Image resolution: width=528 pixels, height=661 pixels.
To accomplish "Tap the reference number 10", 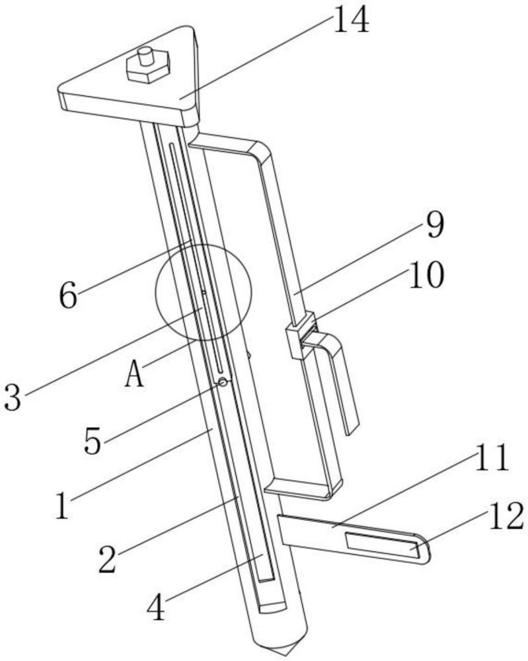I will pyautogui.click(x=426, y=276).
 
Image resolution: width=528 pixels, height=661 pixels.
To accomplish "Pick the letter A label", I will pyautogui.click(x=135, y=377).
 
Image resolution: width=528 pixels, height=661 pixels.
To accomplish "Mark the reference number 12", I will pyautogui.click(x=506, y=516).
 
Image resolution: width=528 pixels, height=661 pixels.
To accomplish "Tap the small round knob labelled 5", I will pyautogui.click(x=224, y=382).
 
